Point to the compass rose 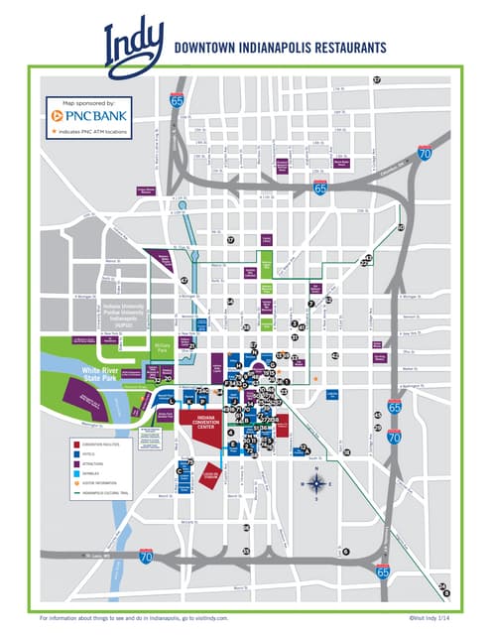tap(316, 484)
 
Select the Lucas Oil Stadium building tap(209, 476)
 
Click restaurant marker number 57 tap(377, 79)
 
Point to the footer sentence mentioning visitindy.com tap(141, 617)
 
